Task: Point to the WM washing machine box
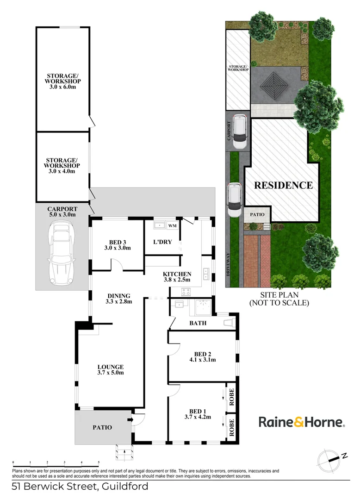[172, 226]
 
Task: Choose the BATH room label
[198, 323]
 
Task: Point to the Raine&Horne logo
[301, 422]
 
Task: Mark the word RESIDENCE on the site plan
[283, 185]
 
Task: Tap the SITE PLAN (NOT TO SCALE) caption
[279, 299]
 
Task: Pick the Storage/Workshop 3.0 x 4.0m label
[62, 165]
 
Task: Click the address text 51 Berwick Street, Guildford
[80, 487]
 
